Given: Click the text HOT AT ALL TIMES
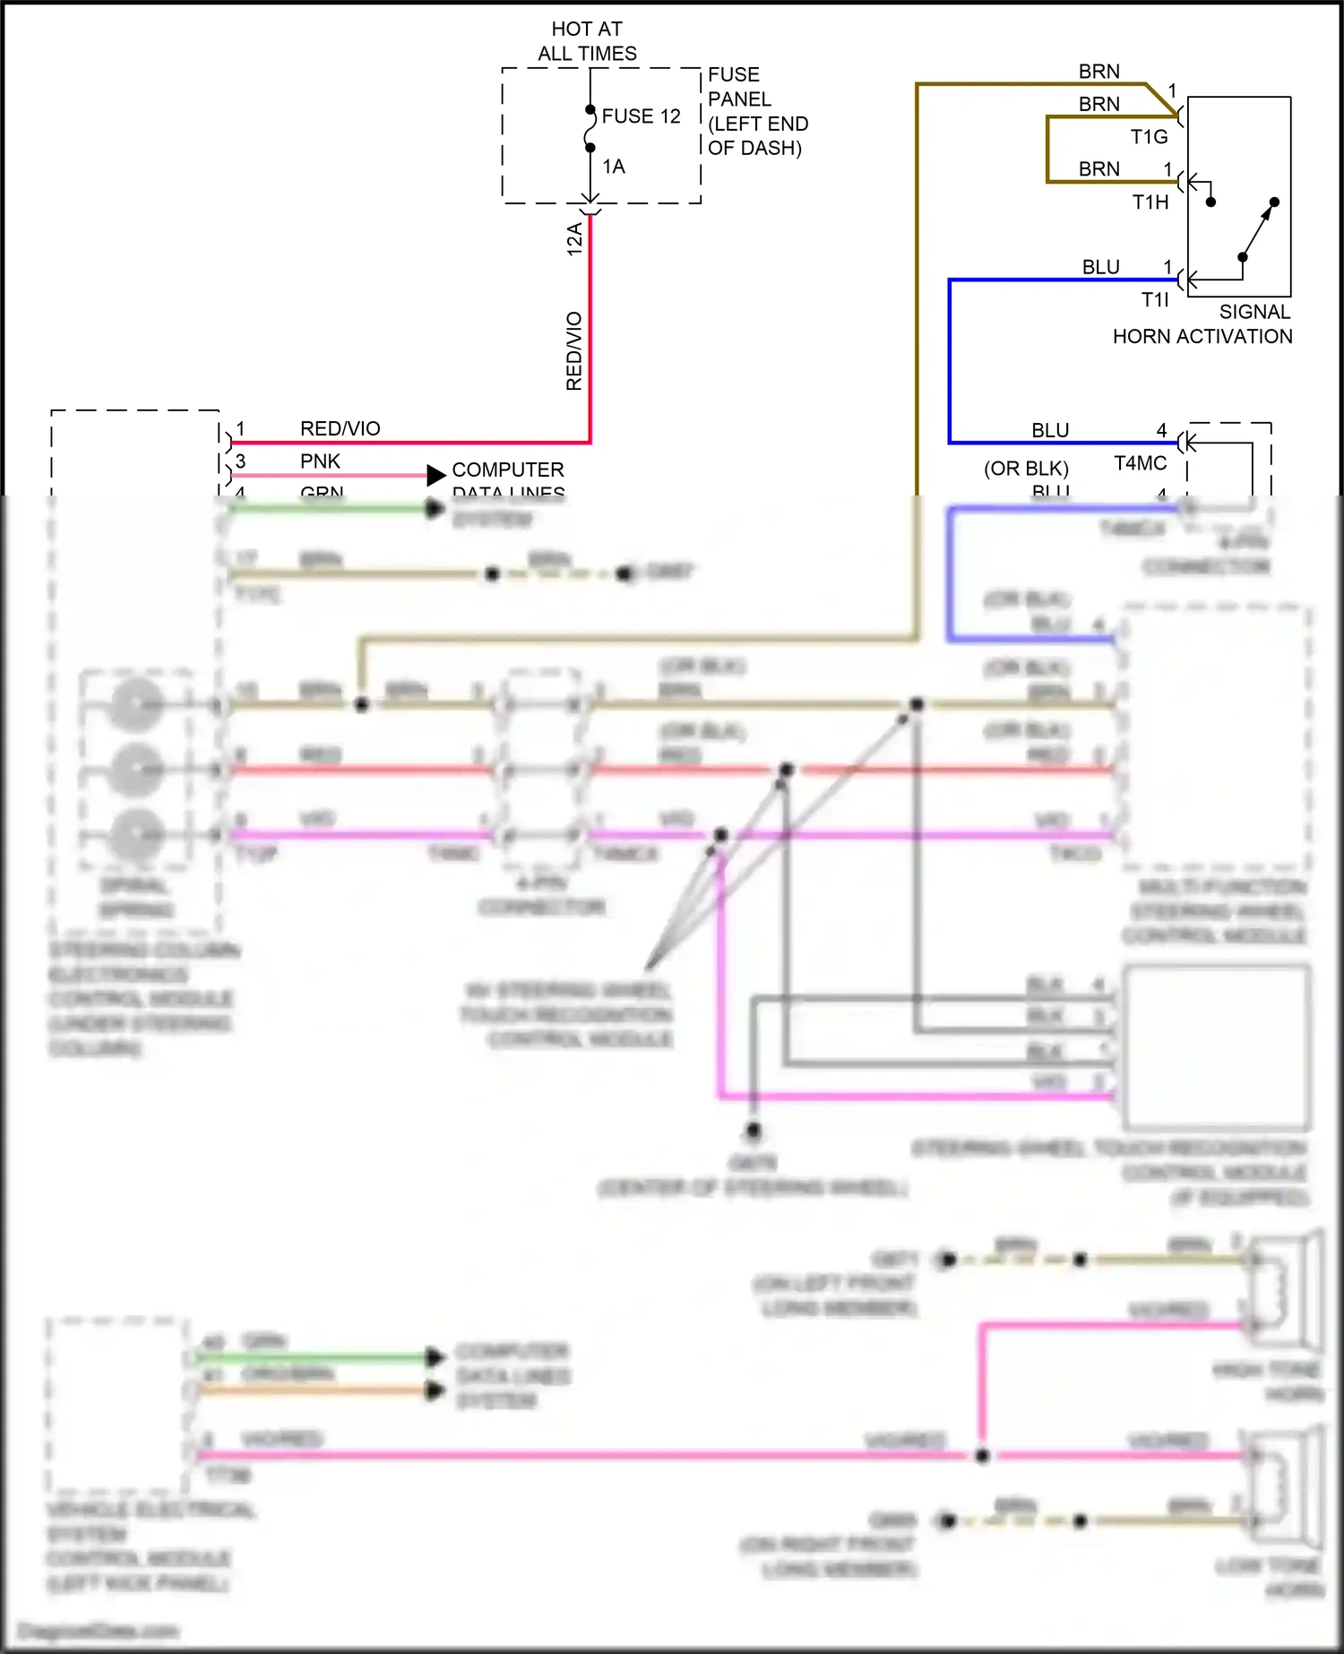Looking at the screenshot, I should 587,41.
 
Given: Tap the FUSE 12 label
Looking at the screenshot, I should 641,116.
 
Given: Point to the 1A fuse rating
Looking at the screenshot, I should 614,167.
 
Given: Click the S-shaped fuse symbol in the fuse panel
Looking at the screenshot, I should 590,129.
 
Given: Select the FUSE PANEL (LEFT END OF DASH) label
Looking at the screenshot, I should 757,111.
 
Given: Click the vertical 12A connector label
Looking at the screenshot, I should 574,239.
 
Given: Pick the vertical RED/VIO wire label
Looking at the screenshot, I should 574,351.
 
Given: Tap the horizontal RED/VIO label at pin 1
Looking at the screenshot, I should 340,428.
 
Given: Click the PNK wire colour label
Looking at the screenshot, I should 320,461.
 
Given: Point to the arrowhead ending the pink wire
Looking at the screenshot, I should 435,475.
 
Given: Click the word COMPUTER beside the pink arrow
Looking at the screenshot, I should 508,469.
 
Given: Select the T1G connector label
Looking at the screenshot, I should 1149,137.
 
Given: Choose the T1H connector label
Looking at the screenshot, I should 1150,202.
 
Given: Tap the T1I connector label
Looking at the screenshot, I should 1155,299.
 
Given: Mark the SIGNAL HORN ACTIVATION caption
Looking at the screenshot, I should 1202,324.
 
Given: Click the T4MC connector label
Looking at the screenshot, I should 1140,463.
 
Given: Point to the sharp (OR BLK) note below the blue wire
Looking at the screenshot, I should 1026,469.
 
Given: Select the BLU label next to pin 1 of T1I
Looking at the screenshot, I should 1100,267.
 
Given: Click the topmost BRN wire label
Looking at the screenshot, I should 1098,72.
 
